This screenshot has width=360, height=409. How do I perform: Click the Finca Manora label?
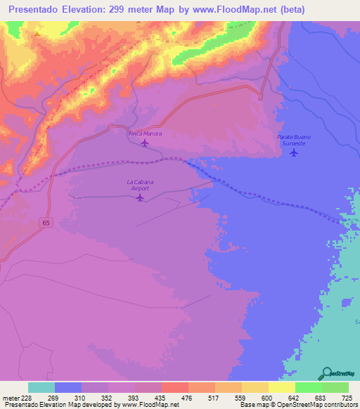point(144,133)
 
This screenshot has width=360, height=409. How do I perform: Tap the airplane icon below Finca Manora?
point(145,143)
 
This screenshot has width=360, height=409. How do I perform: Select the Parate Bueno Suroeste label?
point(293,139)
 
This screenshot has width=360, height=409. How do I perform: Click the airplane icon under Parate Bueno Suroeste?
point(294,152)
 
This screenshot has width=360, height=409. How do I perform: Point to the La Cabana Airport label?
point(140,186)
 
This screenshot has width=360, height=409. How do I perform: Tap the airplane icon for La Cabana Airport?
point(140,197)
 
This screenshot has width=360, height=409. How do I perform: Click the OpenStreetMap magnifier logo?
point(327,372)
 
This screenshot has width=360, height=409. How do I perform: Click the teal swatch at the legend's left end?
point(41,387)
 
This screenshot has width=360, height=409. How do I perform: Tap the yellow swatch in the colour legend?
point(281,387)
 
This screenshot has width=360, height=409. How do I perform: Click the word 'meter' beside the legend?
point(8,397)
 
